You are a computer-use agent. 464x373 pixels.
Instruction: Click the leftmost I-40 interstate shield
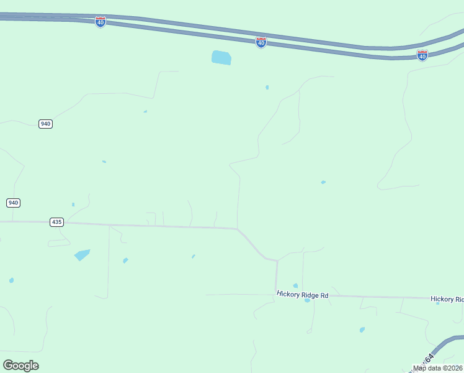point(100,22)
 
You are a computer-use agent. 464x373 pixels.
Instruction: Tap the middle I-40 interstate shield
point(261,42)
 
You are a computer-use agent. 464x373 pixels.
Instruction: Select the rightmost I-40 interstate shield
point(422,55)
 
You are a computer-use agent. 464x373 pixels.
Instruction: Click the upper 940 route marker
point(45,124)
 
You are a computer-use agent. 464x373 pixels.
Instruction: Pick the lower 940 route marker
point(13,203)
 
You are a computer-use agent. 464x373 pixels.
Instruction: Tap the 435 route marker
point(56,222)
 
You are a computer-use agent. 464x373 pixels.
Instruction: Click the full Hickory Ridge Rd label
point(302,295)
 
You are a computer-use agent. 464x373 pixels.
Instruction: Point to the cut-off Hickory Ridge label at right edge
point(447,299)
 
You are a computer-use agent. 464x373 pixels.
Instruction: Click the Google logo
point(20,366)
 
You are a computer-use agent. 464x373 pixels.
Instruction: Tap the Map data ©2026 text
point(438,368)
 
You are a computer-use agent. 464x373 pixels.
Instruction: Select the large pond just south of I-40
point(221,58)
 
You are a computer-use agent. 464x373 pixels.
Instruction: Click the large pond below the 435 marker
point(82,255)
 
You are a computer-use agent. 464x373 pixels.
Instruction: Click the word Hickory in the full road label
point(288,294)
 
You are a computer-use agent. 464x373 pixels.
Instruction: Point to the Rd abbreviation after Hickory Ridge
point(324,296)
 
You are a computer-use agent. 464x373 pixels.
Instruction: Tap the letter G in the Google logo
point(8,365)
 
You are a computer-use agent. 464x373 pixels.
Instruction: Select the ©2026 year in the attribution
point(451,368)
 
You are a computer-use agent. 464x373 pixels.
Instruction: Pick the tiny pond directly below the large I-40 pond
point(267,88)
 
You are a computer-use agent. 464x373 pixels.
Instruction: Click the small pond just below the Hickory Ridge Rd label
point(307,300)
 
